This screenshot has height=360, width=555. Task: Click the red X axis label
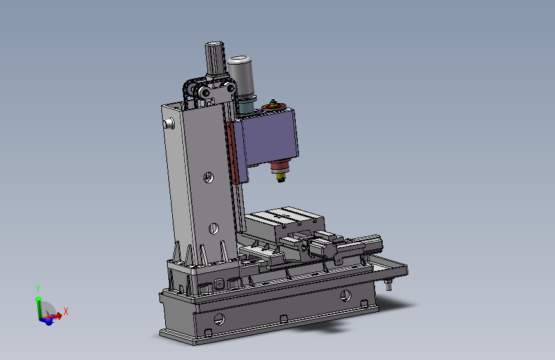[x=66, y=312]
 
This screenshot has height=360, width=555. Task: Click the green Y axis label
[x=38, y=288]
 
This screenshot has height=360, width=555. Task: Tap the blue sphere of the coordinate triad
[x=49, y=322]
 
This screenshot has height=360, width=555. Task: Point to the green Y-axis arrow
[x=38, y=307]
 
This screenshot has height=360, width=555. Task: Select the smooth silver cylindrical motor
[x=241, y=76]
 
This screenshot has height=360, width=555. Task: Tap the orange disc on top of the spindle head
[x=273, y=106]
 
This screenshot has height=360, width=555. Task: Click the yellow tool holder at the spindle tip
[x=281, y=177]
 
